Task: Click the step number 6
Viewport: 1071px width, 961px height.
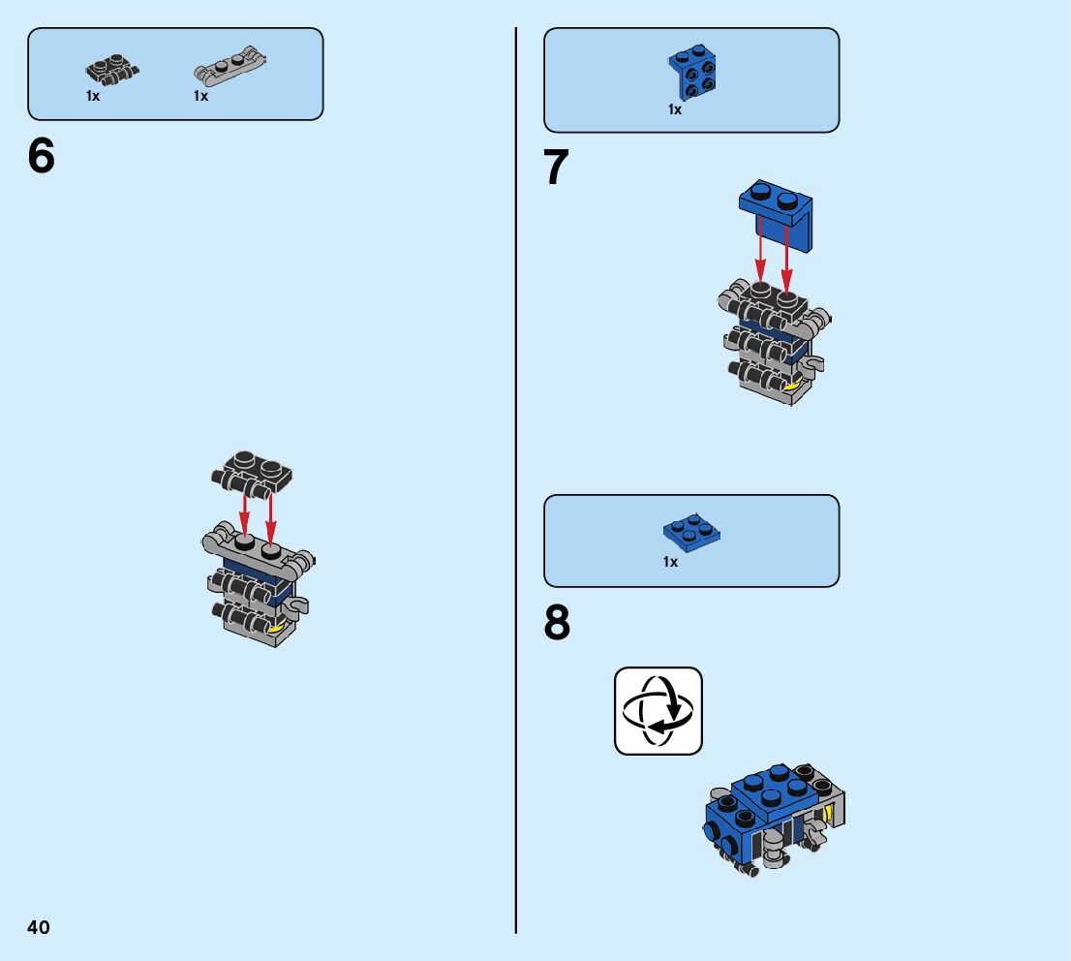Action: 42,157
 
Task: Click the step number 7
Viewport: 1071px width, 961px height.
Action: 556,169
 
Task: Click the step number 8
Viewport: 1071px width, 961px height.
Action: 557,624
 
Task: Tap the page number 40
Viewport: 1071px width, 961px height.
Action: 39,927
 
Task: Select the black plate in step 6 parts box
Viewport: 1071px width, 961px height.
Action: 112,69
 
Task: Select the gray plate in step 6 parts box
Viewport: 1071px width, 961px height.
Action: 229,70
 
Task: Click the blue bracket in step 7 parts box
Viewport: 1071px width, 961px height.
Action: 691,73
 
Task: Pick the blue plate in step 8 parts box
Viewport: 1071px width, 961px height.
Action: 691,532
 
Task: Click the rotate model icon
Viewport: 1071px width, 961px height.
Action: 658,710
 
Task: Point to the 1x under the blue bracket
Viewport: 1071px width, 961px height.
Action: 674,110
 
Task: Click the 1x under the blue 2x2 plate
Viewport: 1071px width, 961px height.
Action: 670,563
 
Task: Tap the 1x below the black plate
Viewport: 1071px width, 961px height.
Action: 93,97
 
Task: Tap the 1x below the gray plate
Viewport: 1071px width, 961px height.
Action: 200,97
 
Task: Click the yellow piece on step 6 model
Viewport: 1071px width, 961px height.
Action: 279,628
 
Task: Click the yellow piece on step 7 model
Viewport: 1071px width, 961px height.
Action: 794,387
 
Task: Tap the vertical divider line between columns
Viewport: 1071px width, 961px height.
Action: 516,484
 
